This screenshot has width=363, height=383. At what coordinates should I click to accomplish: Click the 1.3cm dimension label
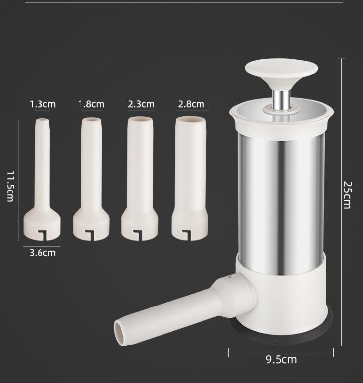coord(42,104)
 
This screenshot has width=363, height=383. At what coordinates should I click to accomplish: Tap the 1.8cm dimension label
coord(91,104)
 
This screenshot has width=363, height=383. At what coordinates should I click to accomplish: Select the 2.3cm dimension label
coord(141,104)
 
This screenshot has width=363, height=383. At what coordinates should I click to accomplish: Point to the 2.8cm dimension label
coord(191,104)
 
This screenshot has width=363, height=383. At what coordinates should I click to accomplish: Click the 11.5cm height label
coord(10,187)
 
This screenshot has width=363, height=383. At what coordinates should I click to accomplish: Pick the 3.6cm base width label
coord(42,253)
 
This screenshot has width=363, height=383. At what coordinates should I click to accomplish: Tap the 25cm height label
coord(347,195)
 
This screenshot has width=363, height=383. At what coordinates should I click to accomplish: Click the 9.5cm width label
coord(281,359)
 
